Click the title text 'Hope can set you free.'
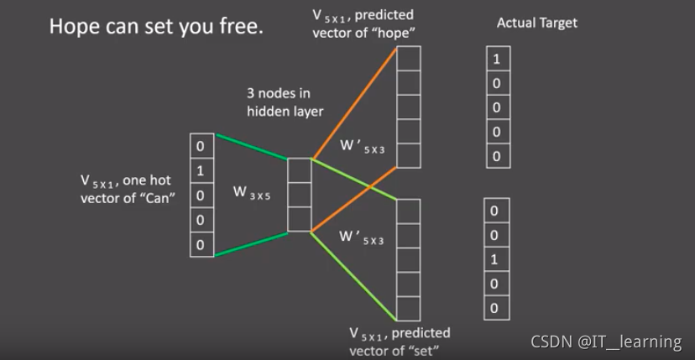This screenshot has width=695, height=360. (156, 26)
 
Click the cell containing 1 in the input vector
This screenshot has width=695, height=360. (200, 171)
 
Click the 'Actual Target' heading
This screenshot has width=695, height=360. (537, 23)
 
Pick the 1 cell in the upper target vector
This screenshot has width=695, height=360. (497, 60)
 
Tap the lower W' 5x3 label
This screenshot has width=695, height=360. (363, 239)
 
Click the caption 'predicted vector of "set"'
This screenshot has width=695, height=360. (400, 342)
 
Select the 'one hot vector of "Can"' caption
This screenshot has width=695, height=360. (126, 188)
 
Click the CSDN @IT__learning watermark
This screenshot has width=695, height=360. (606, 342)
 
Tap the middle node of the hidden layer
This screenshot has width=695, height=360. (299, 194)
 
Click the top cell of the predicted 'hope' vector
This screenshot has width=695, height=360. (408, 60)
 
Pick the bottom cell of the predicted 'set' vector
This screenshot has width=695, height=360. (408, 309)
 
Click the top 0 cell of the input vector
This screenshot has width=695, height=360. (200, 147)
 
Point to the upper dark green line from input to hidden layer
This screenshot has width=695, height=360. (252, 146)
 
